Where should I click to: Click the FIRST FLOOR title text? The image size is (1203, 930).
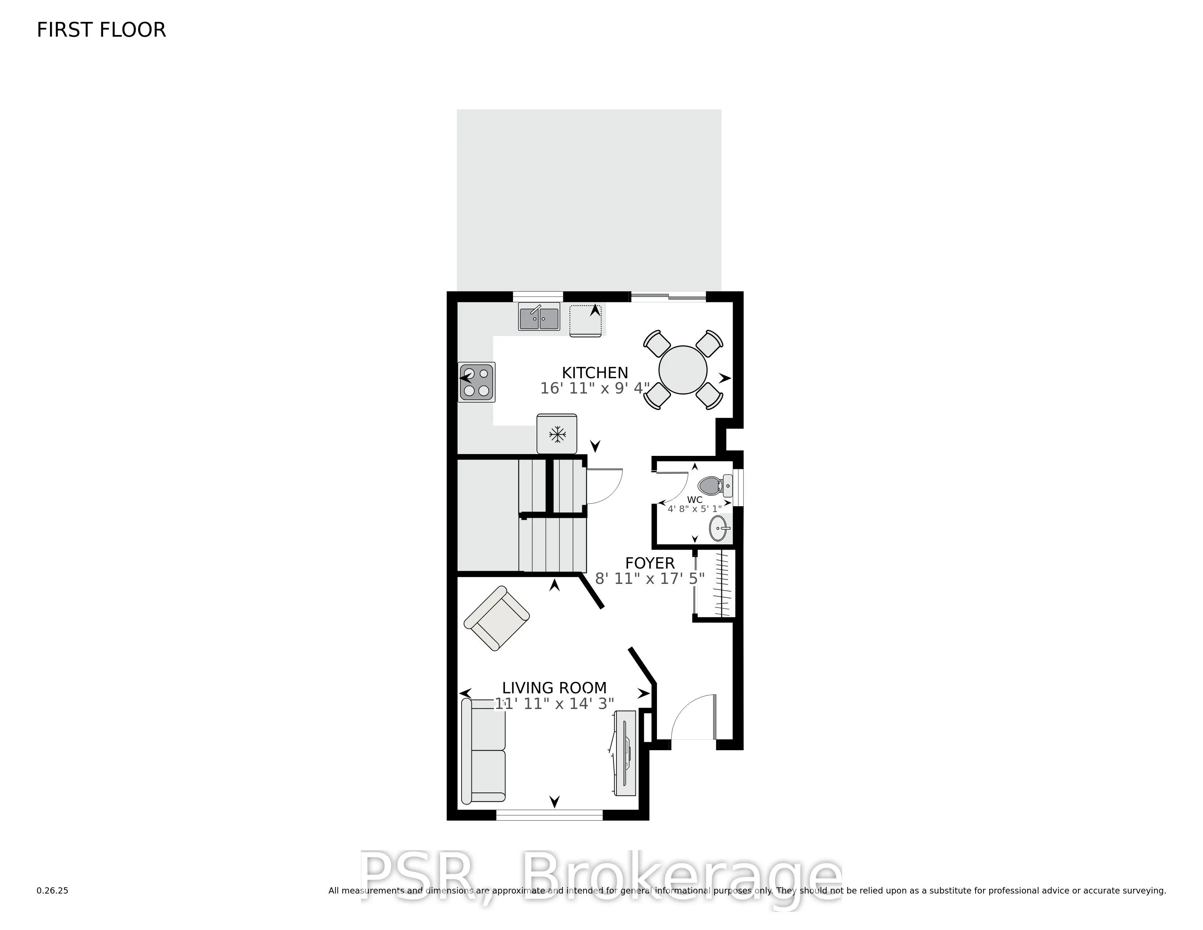pyautogui.click(x=101, y=30)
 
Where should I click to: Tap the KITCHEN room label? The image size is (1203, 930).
pyautogui.click(x=595, y=373)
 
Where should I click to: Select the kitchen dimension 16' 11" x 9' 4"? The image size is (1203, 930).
pyautogui.click(x=595, y=388)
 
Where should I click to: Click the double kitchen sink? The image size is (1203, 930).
pyautogui.click(x=539, y=317)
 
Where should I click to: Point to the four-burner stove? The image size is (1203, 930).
pyautogui.click(x=477, y=382)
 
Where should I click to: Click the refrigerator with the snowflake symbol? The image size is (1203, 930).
pyautogui.click(x=557, y=434)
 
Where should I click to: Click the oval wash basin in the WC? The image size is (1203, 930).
pyautogui.click(x=719, y=529)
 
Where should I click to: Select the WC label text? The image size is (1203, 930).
pyautogui.click(x=694, y=500)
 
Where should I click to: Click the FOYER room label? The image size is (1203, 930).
pyautogui.click(x=650, y=563)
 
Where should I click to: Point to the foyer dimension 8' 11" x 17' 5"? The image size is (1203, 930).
pyautogui.click(x=650, y=578)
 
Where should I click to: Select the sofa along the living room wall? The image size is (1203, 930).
pyautogui.click(x=484, y=751)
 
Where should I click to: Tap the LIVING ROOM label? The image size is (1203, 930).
pyautogui.click(x=554, y=688)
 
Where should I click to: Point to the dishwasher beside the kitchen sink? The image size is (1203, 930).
pyautogui.click(x=585, y=321)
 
